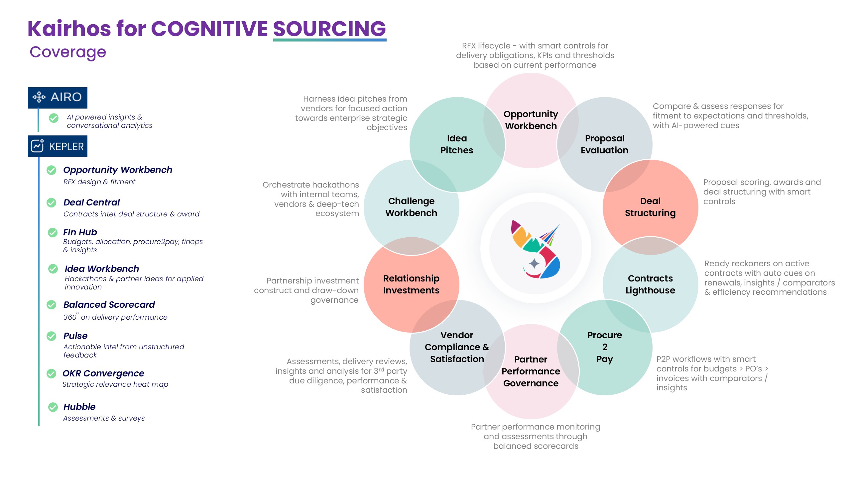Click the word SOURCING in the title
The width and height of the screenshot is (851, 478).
329,29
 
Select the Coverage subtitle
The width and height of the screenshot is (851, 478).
68,52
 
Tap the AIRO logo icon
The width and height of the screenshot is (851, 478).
39,97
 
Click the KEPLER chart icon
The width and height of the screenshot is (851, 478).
37,146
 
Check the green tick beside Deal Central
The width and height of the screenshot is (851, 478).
52,202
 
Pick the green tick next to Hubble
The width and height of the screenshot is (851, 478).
53,407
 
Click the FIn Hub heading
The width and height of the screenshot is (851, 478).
80,232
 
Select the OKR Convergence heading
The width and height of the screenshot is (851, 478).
103,373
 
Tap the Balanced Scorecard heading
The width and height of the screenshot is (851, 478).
109,304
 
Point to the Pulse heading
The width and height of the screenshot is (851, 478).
75,336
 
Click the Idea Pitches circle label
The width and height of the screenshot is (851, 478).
457,144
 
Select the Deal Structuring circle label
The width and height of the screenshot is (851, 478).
650,207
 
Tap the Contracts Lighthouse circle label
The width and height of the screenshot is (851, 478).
650,284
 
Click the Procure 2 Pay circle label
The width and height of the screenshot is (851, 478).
605,347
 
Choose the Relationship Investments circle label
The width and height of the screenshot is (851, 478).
411,284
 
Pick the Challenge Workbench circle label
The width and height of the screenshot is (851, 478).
411,207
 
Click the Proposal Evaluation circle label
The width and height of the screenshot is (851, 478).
604,144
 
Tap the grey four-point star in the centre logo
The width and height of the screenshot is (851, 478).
534,264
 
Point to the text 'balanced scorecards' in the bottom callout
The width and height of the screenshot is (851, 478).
536,446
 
